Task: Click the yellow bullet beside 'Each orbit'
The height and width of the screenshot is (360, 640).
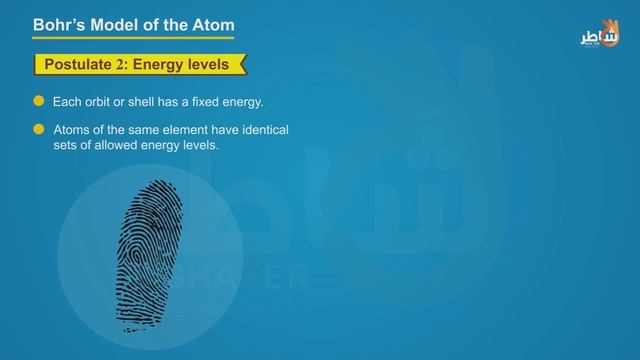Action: click(x=39, y=102)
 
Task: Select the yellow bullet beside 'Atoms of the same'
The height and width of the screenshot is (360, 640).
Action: click(x=39, y=130)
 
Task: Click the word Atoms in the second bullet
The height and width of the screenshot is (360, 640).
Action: click(x=71, y=131)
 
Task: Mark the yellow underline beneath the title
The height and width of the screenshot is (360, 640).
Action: click(x=131, y=39)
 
